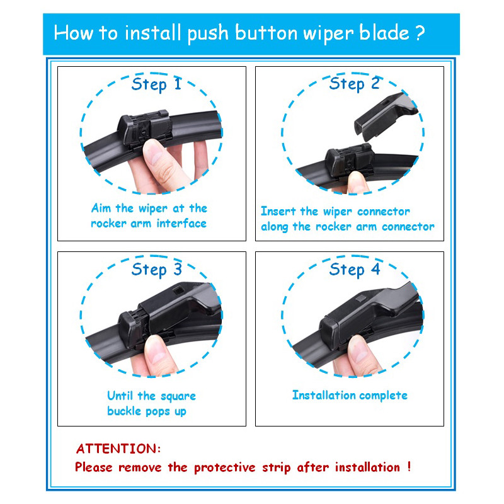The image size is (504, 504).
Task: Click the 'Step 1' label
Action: click(156, 84)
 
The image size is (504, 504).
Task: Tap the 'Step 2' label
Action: click(354, 84)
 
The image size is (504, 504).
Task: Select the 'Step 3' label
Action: click(156, 269)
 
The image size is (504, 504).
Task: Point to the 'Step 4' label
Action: click(355, 269)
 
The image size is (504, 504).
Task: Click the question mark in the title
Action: click(420, 33)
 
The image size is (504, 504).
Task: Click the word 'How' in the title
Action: click(73, 33)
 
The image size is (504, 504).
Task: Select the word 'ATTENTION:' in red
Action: click(118, 449)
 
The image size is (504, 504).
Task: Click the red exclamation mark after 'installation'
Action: click(409, 466)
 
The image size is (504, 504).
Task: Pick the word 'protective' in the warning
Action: click(224, 467)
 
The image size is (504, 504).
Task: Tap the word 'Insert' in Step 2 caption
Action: click(278, 211)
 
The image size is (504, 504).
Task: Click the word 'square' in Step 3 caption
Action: click(178, 396)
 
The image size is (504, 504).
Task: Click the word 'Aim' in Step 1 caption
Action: click(101, 208)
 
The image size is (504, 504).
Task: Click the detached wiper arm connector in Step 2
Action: click(385, 116)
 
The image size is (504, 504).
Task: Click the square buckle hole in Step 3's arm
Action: click(178, 291)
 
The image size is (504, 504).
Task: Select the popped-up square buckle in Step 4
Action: click(361, 298)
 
